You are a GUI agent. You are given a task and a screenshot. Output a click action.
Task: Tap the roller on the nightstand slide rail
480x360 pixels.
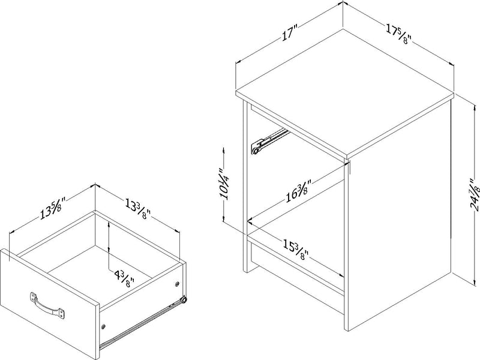(257, 152)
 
